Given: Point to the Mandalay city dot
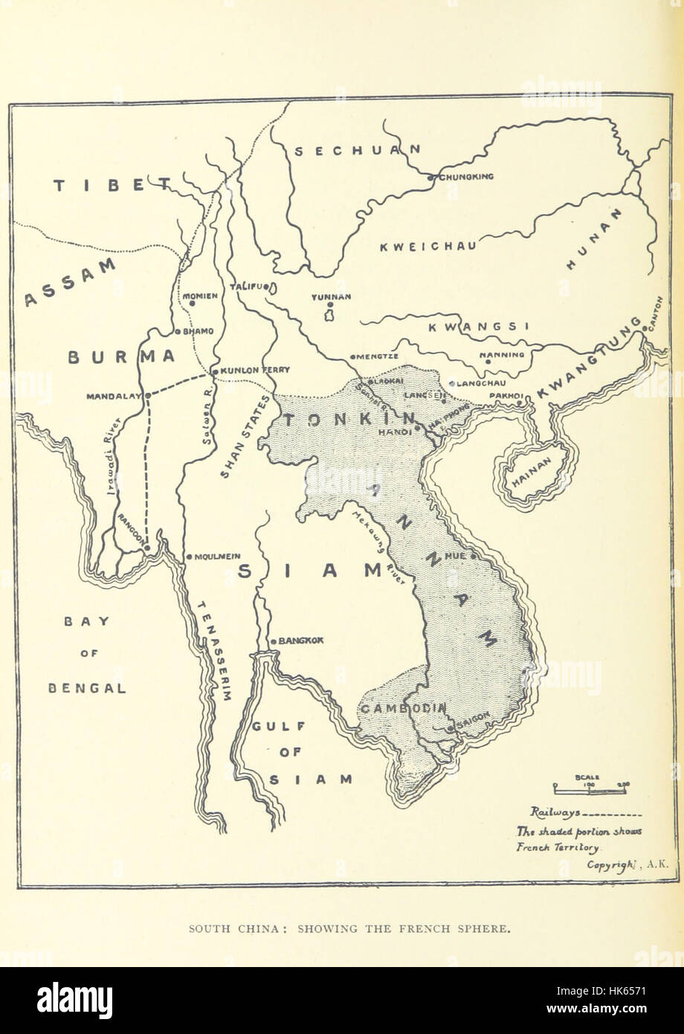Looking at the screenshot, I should [147, 395].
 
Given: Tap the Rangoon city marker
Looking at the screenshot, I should [147, 548].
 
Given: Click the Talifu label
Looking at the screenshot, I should [248, 286].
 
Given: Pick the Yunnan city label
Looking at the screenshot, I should [332, 296].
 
